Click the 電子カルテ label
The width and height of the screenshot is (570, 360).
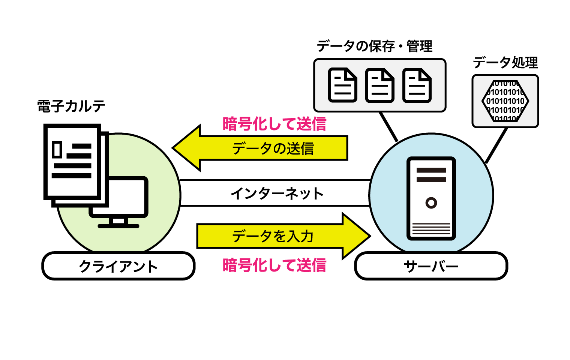click(x=71, y=106)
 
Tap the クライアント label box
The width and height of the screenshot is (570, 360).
click(x=118, y=266)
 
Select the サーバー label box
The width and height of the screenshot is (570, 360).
click(x=431, y=266)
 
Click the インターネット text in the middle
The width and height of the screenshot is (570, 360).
click(x=277, y=193)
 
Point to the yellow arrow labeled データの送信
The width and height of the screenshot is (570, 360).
click(x=262, y=148)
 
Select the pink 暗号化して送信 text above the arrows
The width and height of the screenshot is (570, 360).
click(x=274, y=124)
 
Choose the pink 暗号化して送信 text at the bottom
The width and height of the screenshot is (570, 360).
click(x=274, y=265)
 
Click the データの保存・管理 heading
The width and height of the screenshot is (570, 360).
click(x=374, y=46)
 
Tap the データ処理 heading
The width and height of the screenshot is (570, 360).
click(x=505, y=63)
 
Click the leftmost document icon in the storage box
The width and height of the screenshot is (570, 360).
click(x=342, y=85)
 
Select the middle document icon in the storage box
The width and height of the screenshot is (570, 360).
click(x=379, y=85)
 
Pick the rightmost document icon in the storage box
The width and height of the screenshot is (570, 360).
click(x=417, y=85)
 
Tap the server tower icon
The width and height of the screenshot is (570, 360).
click(x=431, y=198)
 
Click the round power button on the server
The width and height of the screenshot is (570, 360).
click(x=431, y=203)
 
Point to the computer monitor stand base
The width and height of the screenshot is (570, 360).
click(x=118, y=226)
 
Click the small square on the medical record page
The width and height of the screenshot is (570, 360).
click(x=57, y=149)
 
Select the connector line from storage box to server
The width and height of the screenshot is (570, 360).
click(x=388, y=127)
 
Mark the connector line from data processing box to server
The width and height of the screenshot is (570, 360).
click(x=496, y=145)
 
